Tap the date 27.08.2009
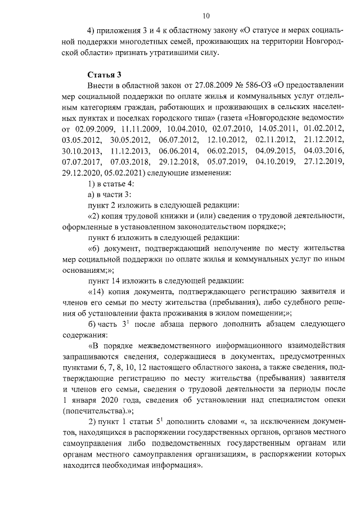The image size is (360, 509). (205, 85)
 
